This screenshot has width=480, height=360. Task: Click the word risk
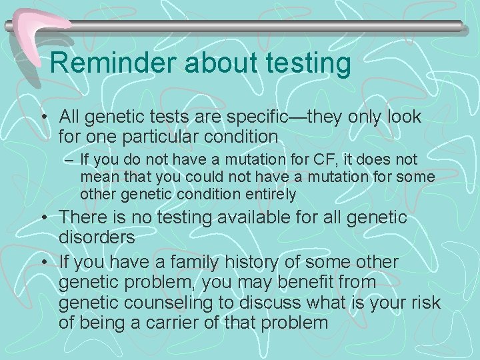(427, 303)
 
